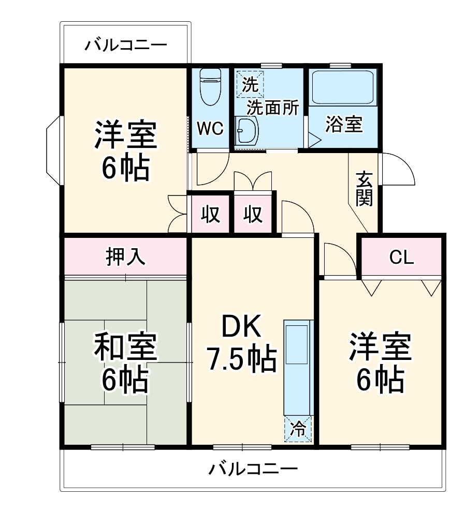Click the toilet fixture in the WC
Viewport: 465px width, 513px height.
pyautogui.click(x=210, y=85)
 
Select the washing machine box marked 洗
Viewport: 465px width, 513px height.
pyautogui.click(x=250, y=84)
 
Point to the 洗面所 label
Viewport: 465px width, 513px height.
pyautogui.click(x=272, y=108)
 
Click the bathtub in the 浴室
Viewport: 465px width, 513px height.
pyautogui.click(x=343, y=87)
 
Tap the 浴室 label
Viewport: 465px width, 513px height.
pyautogui.click(x=344, y=125)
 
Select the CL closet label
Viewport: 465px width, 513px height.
pyautogui.click(x=402, y=257)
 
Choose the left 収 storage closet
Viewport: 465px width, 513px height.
pyautogui.click(x=210, y=213)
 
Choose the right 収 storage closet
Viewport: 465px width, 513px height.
pyautogui.click(x=253, y=213)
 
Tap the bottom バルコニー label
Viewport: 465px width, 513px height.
pyautogui.click(x=253, y=470)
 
